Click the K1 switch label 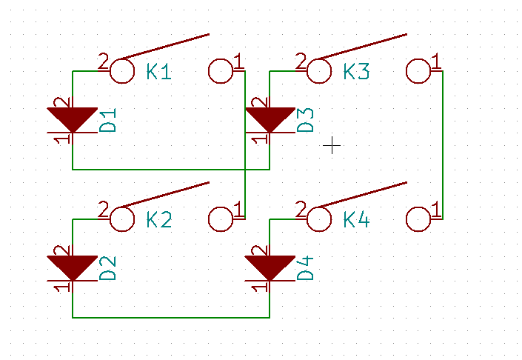pos(158,71)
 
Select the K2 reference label pos(159,220)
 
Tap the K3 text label pos(356,71)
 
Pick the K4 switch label pos(356,220)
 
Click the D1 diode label pos(108,120)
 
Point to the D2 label pos(108,268)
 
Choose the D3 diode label pos(305,120)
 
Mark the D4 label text pos(305,268)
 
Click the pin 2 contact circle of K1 pos(122,59)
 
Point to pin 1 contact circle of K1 pos(221,59)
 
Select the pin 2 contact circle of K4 pos(319,207)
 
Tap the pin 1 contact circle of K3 pos(418,59)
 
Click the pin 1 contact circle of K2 pos(221,207)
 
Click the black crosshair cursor pos(332,145)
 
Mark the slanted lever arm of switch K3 pos(363,47)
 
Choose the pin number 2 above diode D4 pos(259,250)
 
